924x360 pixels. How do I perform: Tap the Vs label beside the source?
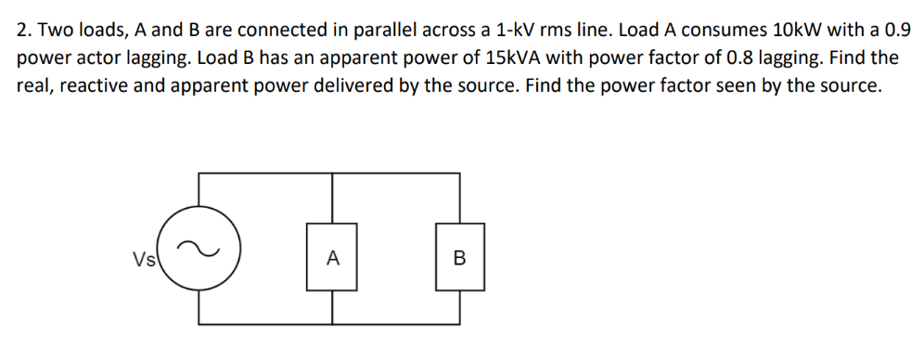click(144, 256)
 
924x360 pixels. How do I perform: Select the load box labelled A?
click(332, 257)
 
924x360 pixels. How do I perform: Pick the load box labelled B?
click(459, 257)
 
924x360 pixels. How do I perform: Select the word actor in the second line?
click(95, 58)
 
